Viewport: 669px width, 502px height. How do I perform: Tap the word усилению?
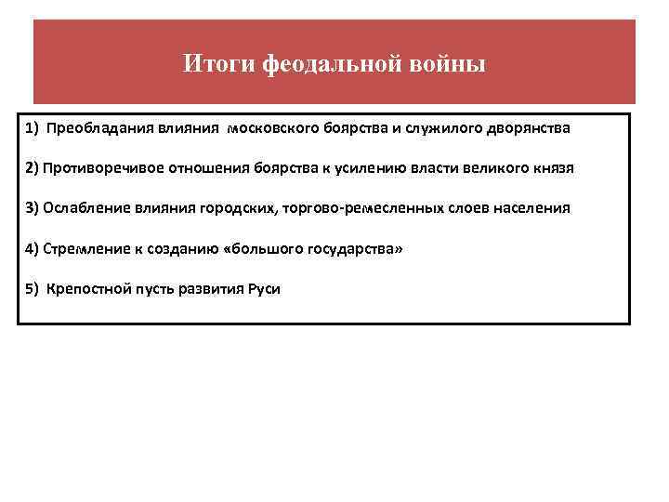(x=397, y=168)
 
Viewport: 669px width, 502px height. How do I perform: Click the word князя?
(x=554, y=168)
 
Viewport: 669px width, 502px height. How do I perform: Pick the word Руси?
(x=264, y=289)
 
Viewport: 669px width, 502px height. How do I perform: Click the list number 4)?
(x=33, y=249)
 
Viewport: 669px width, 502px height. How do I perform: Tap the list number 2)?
(x=33, y=168)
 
